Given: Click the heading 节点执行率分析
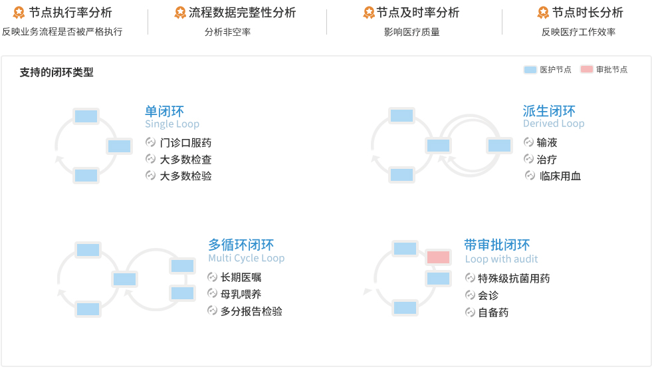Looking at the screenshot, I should pyautogui.click(x=70, y=13).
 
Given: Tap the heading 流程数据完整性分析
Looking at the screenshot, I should pyautogui.click(x=242, y=13).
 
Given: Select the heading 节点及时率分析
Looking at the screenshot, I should pyautogui.click(x=418, y=13).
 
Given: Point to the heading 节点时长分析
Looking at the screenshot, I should pyautogui.click(x=588, y=13).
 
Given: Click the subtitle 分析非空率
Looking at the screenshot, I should pyautogui.click(x=227, y=32).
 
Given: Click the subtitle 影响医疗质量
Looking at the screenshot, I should pyautogui.click(x=411, y=32).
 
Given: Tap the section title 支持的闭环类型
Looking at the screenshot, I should pyautogui.click(x=56, y=72).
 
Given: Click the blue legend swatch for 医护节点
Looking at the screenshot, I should pyautogui.click(x=530, y=70).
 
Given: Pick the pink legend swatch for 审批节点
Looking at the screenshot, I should pyautogui.click(x=586, y=70).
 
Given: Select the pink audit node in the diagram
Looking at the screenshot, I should pyautogui.click(x=438, y=257).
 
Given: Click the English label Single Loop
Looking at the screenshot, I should pyautogui.click(x=172, y=124).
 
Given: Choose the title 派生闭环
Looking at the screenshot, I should pyautogui.click(x=549, y=111).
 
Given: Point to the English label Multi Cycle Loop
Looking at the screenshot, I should pyautogui.click(x=246, y=258).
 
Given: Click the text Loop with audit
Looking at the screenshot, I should pyautogui.click(x=501, y=259).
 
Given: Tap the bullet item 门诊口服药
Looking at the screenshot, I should pyautogui.click(x=185, y=143).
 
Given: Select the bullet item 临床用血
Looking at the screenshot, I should pyautogui.click(x=560, y=176).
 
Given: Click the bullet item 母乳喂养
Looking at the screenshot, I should pyautogui.click(x=241, y=294).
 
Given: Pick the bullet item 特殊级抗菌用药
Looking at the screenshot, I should pyautogui.click(x=514, y=279).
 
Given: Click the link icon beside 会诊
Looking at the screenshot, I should pyautogui.click(x=470, y=295).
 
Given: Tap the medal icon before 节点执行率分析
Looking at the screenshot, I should pyautogui.click(x=19, y=13).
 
